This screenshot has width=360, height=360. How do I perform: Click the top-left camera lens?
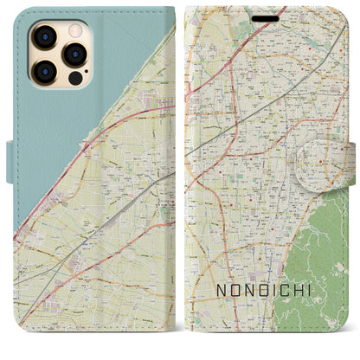[43, 35]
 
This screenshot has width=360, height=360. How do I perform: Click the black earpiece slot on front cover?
[267, 18]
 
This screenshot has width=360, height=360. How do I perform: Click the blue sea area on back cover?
[52, 130]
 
